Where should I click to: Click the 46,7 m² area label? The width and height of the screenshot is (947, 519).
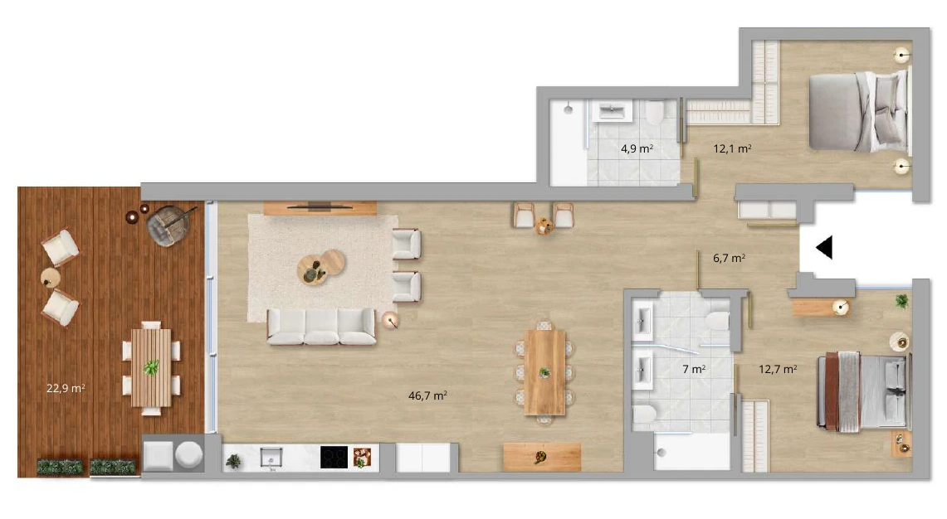(x=427, y=395)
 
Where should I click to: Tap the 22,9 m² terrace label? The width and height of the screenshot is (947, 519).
(x=66, y=388)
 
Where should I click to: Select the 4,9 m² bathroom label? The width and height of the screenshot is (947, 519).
(x=637, y=148)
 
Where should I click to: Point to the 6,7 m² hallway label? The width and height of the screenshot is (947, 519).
(x=729, y=258)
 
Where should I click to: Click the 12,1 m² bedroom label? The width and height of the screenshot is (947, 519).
(x=732, y=148)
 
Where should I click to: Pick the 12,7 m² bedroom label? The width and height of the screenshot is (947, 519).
(x=778, y=369)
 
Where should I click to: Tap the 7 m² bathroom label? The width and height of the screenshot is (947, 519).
(x=694, y=369)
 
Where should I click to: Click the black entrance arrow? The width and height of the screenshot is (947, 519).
(x=824, y=247)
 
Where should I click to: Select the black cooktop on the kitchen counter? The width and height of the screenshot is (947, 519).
(x=334, y=457)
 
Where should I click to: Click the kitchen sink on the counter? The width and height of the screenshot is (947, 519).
(x=271, y=458)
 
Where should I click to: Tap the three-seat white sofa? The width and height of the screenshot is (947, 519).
(x=321, y=327)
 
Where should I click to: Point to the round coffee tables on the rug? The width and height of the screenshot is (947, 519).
(x=320, y=266)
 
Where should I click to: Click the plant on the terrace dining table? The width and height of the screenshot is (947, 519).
(x=151, y=367)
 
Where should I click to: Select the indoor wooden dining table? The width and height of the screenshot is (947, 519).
(x=544, y=371)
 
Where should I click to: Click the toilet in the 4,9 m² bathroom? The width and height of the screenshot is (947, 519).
(x=654, y=112)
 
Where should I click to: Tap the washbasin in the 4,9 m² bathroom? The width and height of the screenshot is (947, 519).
(x=612, y=111)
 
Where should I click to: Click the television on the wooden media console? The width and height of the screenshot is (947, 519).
(x=320, y=207)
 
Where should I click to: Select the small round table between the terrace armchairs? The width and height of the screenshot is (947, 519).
(x=51, y=279)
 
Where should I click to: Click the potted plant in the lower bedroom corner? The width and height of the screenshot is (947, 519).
(x=901, y=300)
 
